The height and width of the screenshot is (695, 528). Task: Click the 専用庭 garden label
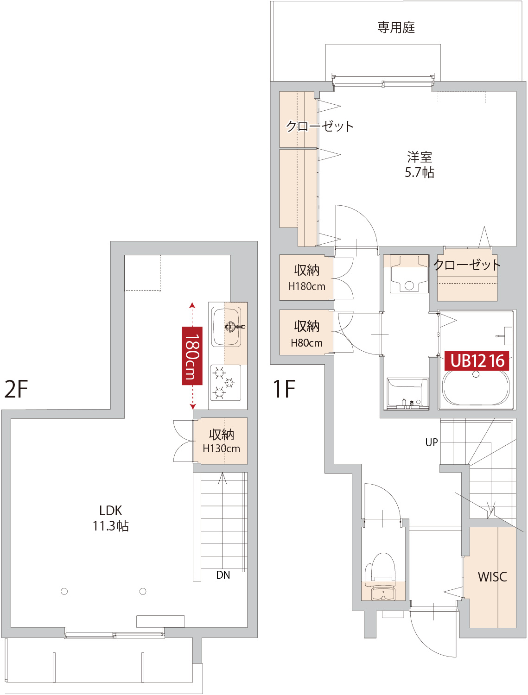click(396, 27)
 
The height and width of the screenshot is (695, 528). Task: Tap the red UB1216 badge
click(477, 360)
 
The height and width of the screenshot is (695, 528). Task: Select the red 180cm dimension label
click(192, 356)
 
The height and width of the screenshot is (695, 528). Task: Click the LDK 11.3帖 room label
click(110, 518)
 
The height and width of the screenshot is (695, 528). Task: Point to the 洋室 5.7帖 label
click(420, 164)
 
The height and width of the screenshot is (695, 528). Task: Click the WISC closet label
click(492, 576)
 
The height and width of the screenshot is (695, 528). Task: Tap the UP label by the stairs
click(432, 442)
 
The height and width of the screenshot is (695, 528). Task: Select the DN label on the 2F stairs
click(223, 575)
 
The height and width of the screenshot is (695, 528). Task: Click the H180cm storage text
click(306, 286)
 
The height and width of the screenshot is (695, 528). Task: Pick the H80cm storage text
click(306, 343)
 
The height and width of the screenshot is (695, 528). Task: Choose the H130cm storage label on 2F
click(222, 449)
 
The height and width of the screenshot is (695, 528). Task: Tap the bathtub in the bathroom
click(476, 387)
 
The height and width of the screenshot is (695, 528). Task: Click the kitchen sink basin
click(226, 328)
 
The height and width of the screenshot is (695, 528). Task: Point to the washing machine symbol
click(409, 273)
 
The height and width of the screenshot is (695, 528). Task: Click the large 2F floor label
click(16, 389)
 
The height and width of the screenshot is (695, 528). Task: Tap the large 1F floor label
click(284, 389)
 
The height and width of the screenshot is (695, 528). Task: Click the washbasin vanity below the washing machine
click(407, 393)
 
